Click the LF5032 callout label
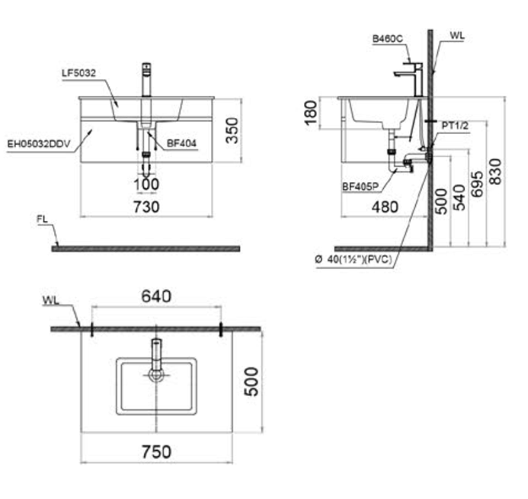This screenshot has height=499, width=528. click(78, 73)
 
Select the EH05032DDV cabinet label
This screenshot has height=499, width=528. click(39, 144)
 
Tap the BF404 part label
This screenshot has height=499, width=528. click(181, 143)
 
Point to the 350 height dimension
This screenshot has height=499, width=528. click(232, 130)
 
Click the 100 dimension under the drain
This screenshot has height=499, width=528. click(146, 184)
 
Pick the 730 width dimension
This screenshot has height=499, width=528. click(146, 206)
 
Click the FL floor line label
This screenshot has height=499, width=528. click(43, 219)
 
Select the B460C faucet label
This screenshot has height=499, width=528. click(388, 39)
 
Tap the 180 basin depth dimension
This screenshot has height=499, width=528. click(311, 114)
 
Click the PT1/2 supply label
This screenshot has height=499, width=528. click(456, 126)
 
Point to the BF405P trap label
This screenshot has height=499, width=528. click(360, 186)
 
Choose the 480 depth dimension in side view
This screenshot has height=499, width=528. click(386, 206)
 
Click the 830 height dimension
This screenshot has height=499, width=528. click(495, 171)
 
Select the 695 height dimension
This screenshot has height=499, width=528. click(477, 184)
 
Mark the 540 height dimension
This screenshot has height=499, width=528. click(459, 197)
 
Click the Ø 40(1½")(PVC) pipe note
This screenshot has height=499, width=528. click(354, 259)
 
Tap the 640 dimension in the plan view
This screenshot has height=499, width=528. click(156, 296)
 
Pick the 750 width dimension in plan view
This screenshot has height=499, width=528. click(157, 452)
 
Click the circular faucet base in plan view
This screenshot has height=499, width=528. click(156, 374)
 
